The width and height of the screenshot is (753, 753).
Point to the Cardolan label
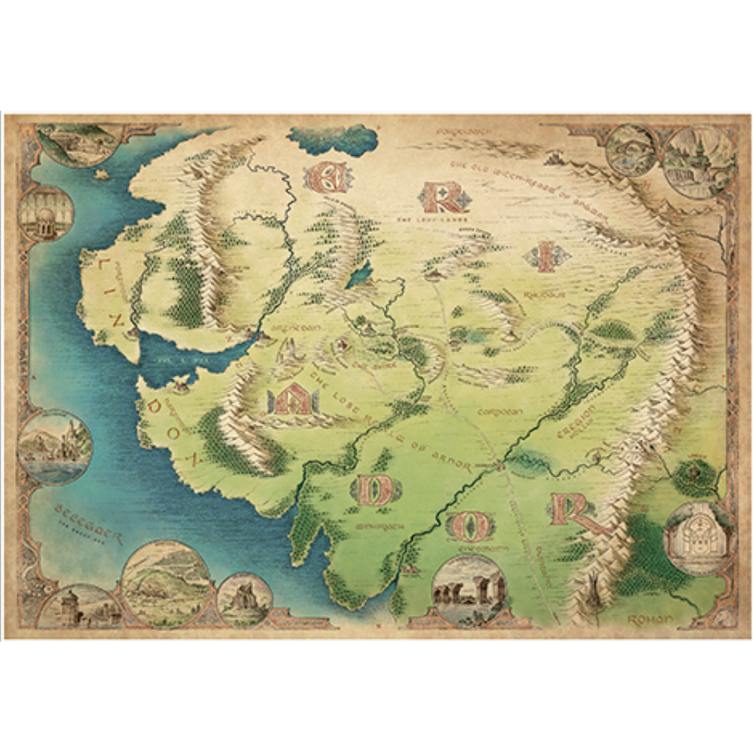tap(500, 412)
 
